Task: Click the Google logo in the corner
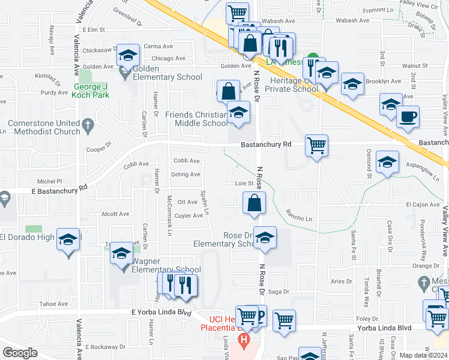tap(20, 353)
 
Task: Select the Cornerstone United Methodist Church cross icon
tap(88, 125)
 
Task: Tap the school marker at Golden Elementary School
tap(127, 56)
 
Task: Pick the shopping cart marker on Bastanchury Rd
tap(316, 145)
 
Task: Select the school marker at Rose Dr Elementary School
tap(265, 238)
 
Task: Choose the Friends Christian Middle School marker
tap(238, 112)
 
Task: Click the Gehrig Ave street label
tap(185, 175)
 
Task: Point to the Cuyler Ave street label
tap(189, 216)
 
